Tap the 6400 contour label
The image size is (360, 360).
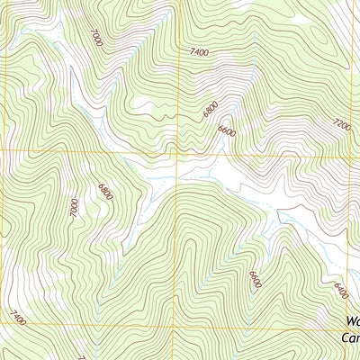[x=340, y=291]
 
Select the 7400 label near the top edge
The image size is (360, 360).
[x=200, y=53]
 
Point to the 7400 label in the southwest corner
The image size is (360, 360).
[x=17, y=317]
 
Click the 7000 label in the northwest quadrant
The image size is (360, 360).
[x=96, y=37]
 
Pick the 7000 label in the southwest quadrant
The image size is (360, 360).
[x=74, y=207]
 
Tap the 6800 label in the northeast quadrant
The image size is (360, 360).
[x=211, y=110]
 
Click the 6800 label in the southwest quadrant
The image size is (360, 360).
[x=105, y=191]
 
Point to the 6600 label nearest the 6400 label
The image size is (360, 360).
[x=256, y=280]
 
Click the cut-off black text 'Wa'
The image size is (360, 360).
[x=352, y=321]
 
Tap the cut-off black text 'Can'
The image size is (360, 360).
[x=351, y=338]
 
